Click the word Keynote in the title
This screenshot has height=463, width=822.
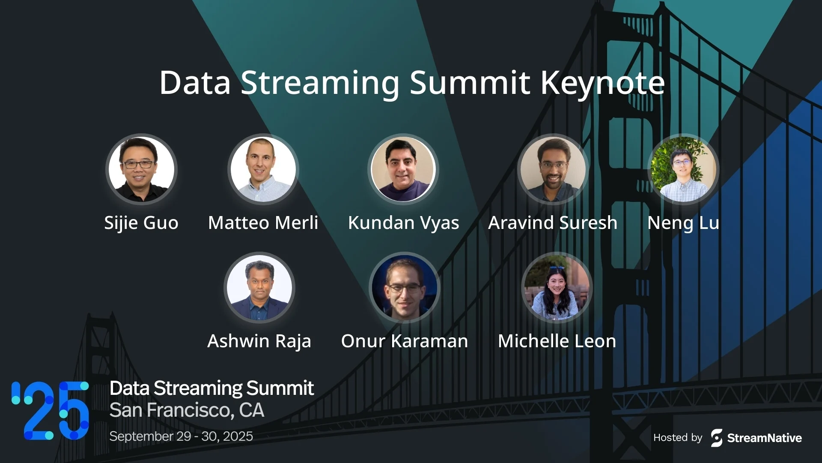(603, 83)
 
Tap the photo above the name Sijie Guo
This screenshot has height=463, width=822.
(141, 169)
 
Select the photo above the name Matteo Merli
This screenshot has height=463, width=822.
(263, 169)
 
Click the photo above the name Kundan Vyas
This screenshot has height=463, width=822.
(403, 169)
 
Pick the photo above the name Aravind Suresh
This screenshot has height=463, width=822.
(553, 169)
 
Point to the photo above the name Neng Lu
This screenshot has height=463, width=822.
(683, 169)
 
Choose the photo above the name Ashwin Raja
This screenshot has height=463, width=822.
(259, 288)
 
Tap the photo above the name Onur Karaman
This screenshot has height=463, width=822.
(404, 288)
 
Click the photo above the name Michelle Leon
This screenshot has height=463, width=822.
(557, 288)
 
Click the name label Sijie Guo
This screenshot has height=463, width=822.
(141, 223)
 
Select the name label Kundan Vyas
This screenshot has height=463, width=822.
(403, 223)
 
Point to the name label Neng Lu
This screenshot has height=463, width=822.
(683, 223)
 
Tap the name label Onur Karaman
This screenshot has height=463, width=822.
(404, 341)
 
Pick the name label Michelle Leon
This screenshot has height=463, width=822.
(557, 341)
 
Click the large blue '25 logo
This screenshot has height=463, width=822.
(51, 411)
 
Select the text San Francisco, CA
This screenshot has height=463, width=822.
(187, 410)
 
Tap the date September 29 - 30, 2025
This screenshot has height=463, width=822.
(181, 436)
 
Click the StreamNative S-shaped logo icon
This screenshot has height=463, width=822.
(717, 438)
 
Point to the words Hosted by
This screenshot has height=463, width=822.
(678, 438)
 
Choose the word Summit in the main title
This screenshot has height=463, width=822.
(470, 83)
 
